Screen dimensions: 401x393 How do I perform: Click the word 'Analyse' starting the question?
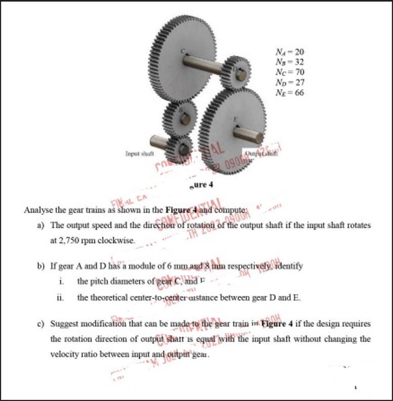[38, 210]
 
